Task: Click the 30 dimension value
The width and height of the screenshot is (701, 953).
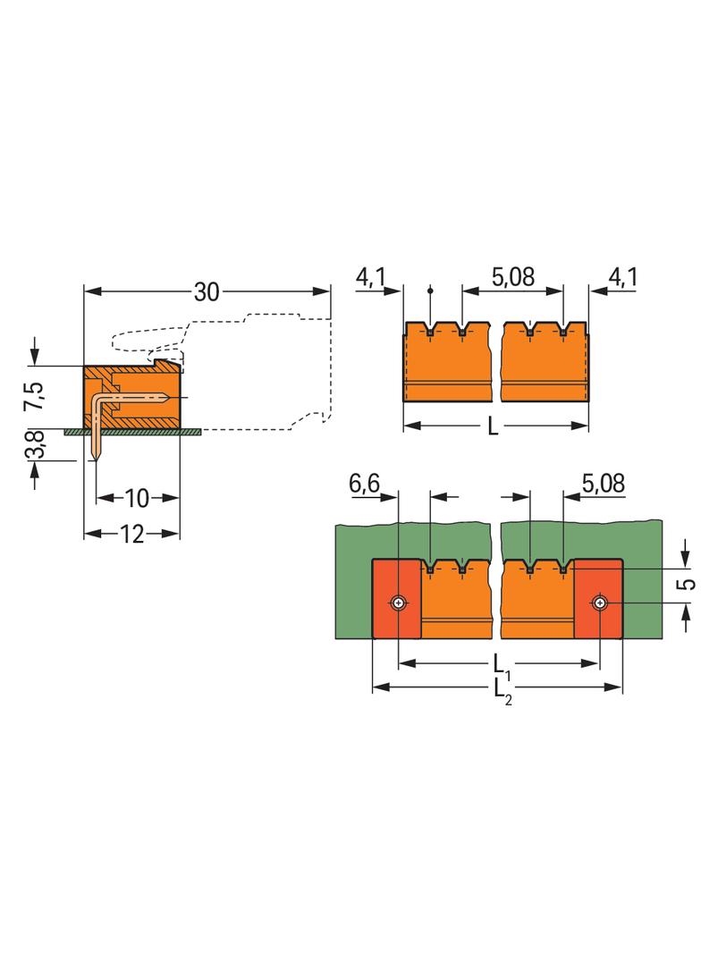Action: click(x=207, y=292)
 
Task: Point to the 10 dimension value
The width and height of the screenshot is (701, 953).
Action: click(x=138, y=497)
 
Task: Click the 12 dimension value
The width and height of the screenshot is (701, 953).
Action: click(x=131, y=534)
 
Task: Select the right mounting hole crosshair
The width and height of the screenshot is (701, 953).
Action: click(x=598, y=603)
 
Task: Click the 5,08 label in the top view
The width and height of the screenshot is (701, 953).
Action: click(x=512, y=277)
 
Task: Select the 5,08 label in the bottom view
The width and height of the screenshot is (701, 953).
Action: click(x=604, y=485)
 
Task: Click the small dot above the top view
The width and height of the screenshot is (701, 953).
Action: click(x=430, y=290)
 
